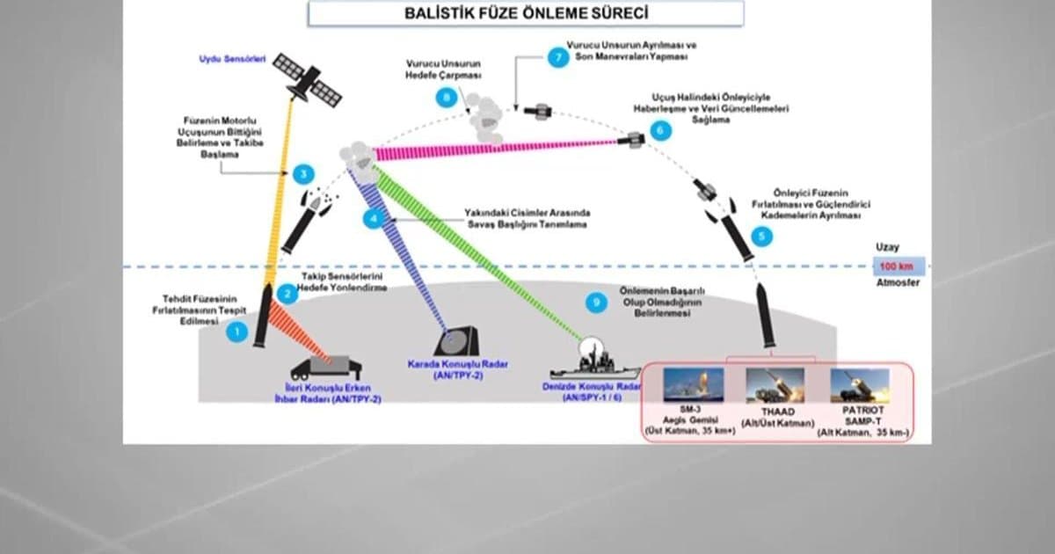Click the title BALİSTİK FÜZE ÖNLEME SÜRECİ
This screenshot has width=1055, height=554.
[x=525, y=14]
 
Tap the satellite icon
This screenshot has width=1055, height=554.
[x=307, y=78]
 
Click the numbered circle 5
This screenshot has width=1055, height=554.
[x=761, y=236]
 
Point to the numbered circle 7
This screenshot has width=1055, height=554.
[x=556, y=57]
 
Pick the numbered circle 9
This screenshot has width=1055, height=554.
[x=597, y=303]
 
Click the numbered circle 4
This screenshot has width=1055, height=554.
[x=375, y=220]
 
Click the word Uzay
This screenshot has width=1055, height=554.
[x=887, y=248]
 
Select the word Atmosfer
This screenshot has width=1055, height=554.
[x=898, y=283]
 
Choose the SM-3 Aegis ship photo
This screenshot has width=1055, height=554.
[x=694, y=384]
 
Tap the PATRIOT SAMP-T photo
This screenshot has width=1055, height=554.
[x=859, y=384]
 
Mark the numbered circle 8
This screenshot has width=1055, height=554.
[x=449, y=98]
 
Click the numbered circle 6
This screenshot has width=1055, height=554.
[x=660, y=130]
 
